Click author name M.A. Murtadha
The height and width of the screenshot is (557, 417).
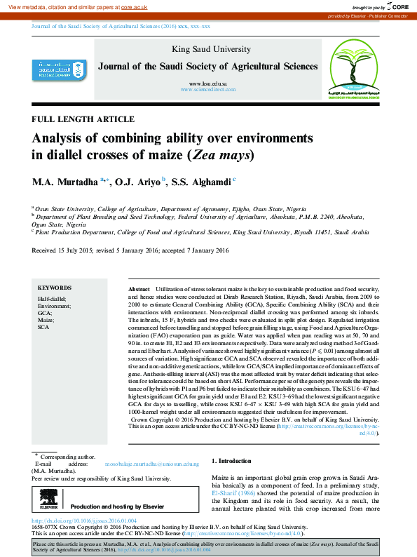(64, 182)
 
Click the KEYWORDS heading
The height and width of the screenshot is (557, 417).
(54, 288)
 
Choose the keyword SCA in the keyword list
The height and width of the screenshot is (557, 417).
(43, 328)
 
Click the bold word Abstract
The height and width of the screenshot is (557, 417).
(139, 290)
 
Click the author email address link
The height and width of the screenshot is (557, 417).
(152, 464)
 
